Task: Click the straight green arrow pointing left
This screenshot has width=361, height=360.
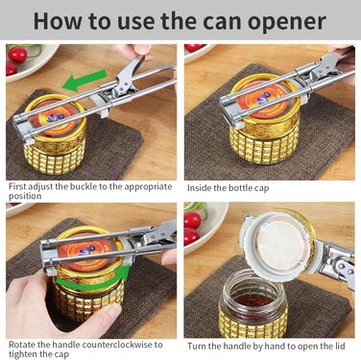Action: click(84, 80)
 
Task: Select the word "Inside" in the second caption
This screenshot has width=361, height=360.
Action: click(199, 188)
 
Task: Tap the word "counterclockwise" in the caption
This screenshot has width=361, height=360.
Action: click(118, 345)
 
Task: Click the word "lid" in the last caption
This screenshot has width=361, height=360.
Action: click(339, 346)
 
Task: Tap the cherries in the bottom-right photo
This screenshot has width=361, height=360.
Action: click(192, 228)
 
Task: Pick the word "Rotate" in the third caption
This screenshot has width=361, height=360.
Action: click(22, 345)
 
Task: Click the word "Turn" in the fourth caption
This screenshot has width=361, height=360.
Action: click(197, 346)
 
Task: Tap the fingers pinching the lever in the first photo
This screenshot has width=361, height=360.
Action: click(136, 52)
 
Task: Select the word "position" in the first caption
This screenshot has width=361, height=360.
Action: click(25, 196)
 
